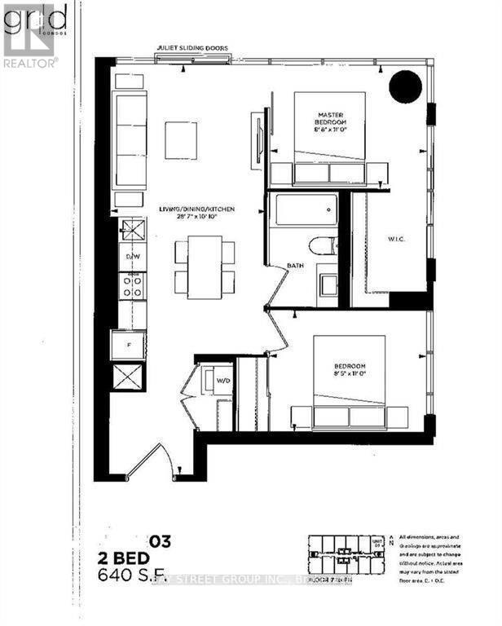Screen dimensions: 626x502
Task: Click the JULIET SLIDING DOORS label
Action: coord(194,48)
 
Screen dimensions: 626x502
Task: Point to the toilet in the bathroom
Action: coord(324,246)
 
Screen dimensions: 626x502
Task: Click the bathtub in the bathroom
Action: coord(302,210)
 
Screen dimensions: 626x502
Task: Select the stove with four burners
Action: coord(132,284)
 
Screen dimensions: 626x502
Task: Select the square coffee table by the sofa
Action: coord(180,140)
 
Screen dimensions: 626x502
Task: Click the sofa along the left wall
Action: coord(130,140)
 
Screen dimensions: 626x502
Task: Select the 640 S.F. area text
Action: coord(134,576)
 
